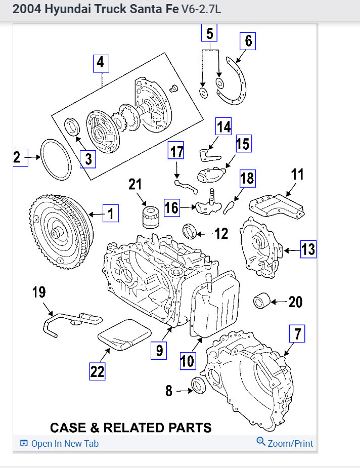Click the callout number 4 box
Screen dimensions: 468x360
pos(101,63)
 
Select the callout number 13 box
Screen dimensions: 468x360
pos(308,249)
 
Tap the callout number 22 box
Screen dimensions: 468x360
pos(97,371)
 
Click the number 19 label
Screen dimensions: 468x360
pos(39,292)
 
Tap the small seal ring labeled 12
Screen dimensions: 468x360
pos(190,232)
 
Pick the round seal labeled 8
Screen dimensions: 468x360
pos(198,385)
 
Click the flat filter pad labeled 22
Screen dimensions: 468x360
pos(124,334)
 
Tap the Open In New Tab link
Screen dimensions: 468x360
pos(59,444)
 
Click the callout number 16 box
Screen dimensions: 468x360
pos(172,207)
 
